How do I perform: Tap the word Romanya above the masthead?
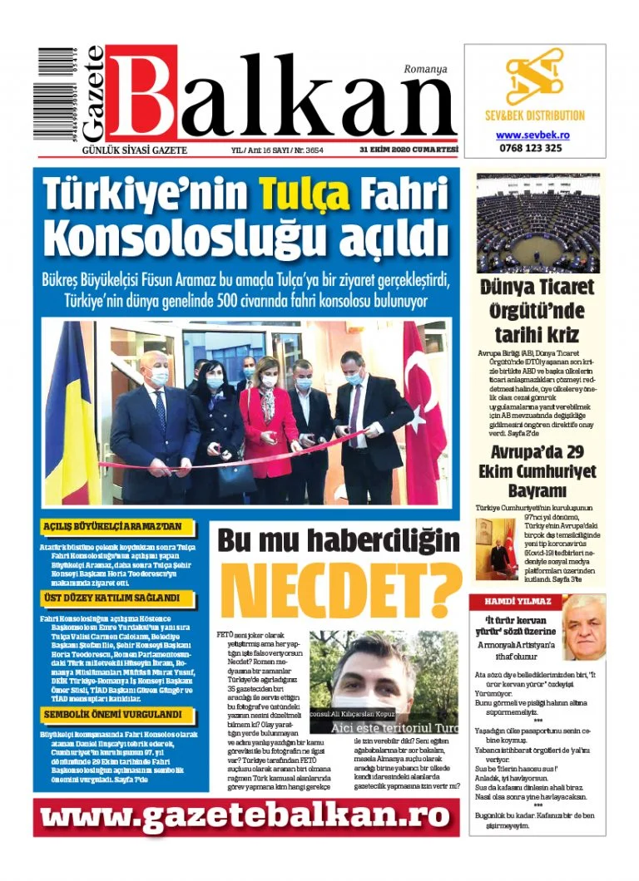click(425, 69)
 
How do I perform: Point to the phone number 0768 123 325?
click(533, 148)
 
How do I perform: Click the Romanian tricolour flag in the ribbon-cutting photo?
click(72, 416)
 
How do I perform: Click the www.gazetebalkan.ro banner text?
click(245, 818)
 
